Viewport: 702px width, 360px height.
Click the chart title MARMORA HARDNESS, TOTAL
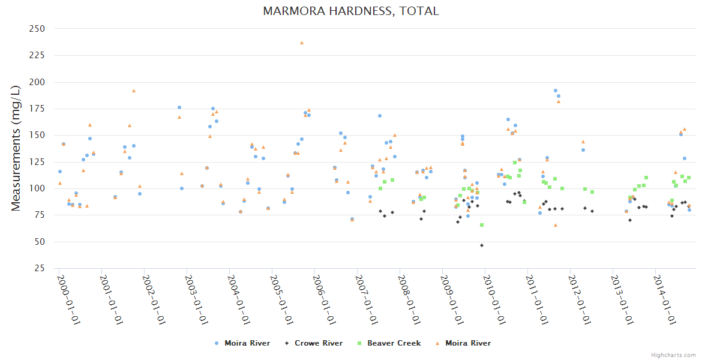point(350,11)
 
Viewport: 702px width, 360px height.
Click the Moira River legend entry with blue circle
point(243,343)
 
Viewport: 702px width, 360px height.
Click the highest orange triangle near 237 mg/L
point(302,43)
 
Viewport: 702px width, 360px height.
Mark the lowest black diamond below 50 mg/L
point(482,245)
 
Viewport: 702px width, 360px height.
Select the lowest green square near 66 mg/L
point(482,225)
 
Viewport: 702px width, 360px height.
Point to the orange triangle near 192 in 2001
point(134,91)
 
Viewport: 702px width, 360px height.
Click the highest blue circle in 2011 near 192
point(556,91)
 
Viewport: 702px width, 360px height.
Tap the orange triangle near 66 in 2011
point(556,225)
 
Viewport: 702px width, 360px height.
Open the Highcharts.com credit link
point(673,355)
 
